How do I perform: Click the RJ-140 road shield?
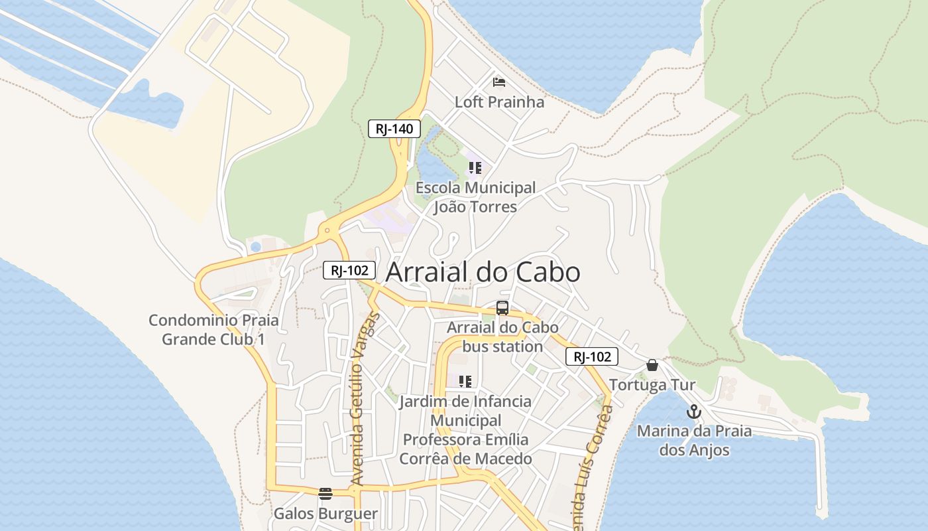point(394,129)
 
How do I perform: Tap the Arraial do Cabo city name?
point(483,272)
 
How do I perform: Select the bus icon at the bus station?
point(502,308)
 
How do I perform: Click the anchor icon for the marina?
point(693,412)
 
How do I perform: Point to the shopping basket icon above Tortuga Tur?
point(652,365)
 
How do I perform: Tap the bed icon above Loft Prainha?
point(499,82)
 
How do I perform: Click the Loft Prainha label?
point(499,102)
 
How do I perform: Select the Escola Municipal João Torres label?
point(475,197)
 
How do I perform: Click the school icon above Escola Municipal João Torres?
point(475,168)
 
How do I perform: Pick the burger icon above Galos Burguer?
point(325,493)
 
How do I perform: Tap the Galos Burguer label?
point(325,514)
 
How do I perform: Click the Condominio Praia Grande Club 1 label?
point(213,330)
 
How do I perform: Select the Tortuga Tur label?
point(652,385)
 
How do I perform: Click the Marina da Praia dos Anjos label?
point(694,440)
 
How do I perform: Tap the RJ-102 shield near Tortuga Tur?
point(592,356)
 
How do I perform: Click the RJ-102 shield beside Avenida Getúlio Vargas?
point(349,270)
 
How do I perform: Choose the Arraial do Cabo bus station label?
point(502,337)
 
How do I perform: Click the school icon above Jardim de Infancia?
point(465,381)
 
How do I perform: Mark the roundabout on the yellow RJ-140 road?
point(326,231)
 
